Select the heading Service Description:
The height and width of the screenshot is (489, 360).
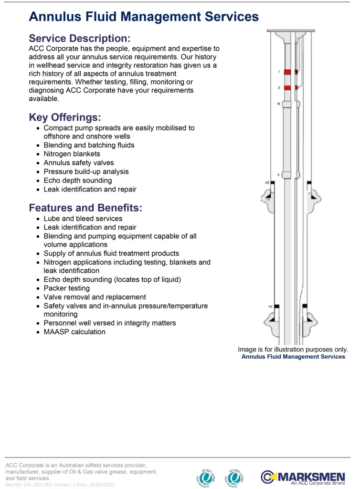click(79, 39)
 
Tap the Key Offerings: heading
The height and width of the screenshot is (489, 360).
click(65, 117)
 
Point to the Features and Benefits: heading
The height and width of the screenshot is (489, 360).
click(85, 208)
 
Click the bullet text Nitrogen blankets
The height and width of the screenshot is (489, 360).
click(72, 154)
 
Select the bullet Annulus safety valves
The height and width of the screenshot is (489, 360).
click(78, 163)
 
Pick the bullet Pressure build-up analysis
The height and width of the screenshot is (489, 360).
click(86, 171)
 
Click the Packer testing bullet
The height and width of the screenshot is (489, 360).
click(66, 288)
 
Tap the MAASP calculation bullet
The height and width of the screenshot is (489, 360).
click(74, 332)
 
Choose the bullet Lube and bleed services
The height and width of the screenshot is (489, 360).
click(83, 219)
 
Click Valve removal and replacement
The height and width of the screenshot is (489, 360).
click(95, 297)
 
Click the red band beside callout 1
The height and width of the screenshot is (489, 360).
click(287, 72)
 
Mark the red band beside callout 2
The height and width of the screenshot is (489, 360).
click(287, 88)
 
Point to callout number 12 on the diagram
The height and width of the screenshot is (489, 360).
click(267, 182)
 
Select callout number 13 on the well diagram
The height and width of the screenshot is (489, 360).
click(270, 306)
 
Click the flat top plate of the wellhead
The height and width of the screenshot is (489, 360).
click(291, 31)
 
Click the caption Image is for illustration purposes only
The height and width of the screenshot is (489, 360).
click(293, 350)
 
